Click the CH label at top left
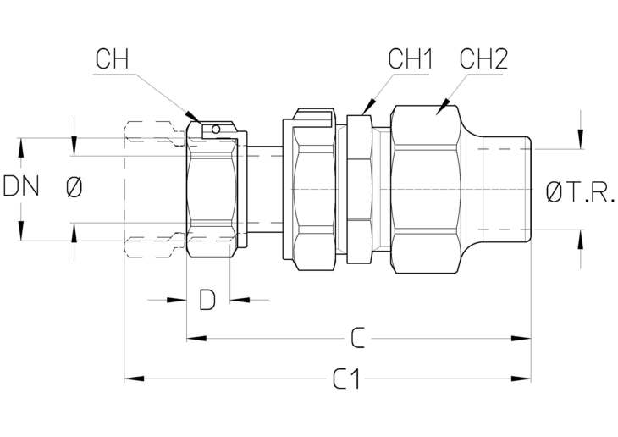112,59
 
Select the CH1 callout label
411,59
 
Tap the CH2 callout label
483,59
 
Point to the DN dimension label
21,186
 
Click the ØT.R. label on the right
580,193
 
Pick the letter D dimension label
207,300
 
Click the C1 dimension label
346,379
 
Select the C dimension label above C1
357,338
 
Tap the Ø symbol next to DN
74,187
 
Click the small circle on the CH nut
215,129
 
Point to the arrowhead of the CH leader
193,117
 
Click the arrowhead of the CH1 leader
367,107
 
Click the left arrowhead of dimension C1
134,379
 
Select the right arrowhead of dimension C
521,339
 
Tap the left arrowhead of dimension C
196,339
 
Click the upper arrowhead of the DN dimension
21,148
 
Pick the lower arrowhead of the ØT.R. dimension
580,239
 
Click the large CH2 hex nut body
426,190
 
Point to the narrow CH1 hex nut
360,190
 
